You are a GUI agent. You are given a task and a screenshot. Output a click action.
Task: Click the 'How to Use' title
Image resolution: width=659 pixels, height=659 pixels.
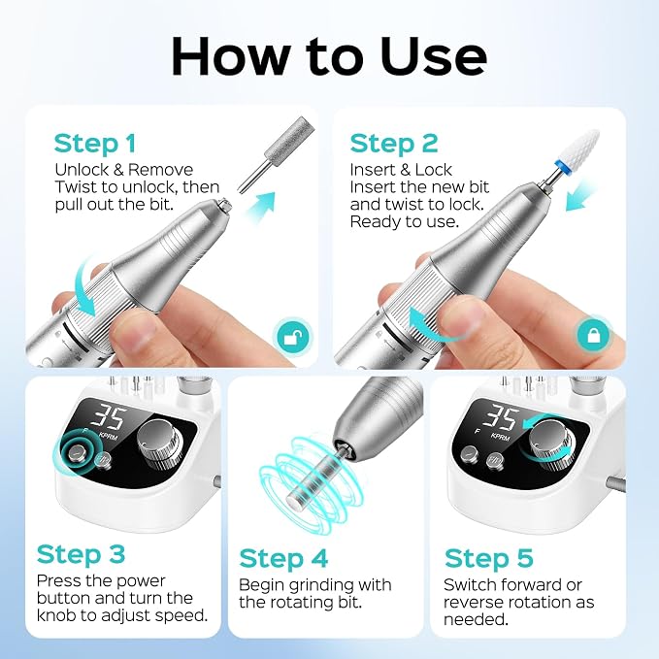(x=329, y=56)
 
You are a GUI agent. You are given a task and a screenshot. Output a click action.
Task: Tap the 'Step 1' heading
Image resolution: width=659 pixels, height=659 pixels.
(x=95, y=144)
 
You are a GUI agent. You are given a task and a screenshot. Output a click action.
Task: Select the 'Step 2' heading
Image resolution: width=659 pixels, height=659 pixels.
(x=394, y=144)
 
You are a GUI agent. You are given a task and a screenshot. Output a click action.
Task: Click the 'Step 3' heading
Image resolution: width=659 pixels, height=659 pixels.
(x=81, y=555)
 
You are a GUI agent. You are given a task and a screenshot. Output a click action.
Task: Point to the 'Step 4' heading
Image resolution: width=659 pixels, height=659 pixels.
(x=283, y=559)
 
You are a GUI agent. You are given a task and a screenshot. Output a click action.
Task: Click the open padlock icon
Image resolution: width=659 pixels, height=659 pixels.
(x=293, y=336)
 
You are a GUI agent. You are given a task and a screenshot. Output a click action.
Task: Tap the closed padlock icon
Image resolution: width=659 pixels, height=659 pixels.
(x=593, y=335)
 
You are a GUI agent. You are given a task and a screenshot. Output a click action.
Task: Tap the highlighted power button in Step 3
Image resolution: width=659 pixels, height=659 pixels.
(x=76, y=452)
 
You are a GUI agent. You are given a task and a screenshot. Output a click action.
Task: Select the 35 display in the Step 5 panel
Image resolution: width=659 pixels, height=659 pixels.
(x=498, y=418)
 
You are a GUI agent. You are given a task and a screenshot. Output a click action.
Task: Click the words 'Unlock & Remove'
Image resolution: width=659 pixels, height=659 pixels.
(x=123, y=170)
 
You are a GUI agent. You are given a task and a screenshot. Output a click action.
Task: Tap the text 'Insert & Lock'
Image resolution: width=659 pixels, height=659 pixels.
(x=401, y=170)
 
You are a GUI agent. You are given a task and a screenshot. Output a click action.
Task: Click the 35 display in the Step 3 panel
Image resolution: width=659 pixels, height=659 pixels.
(x=108, y=418)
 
